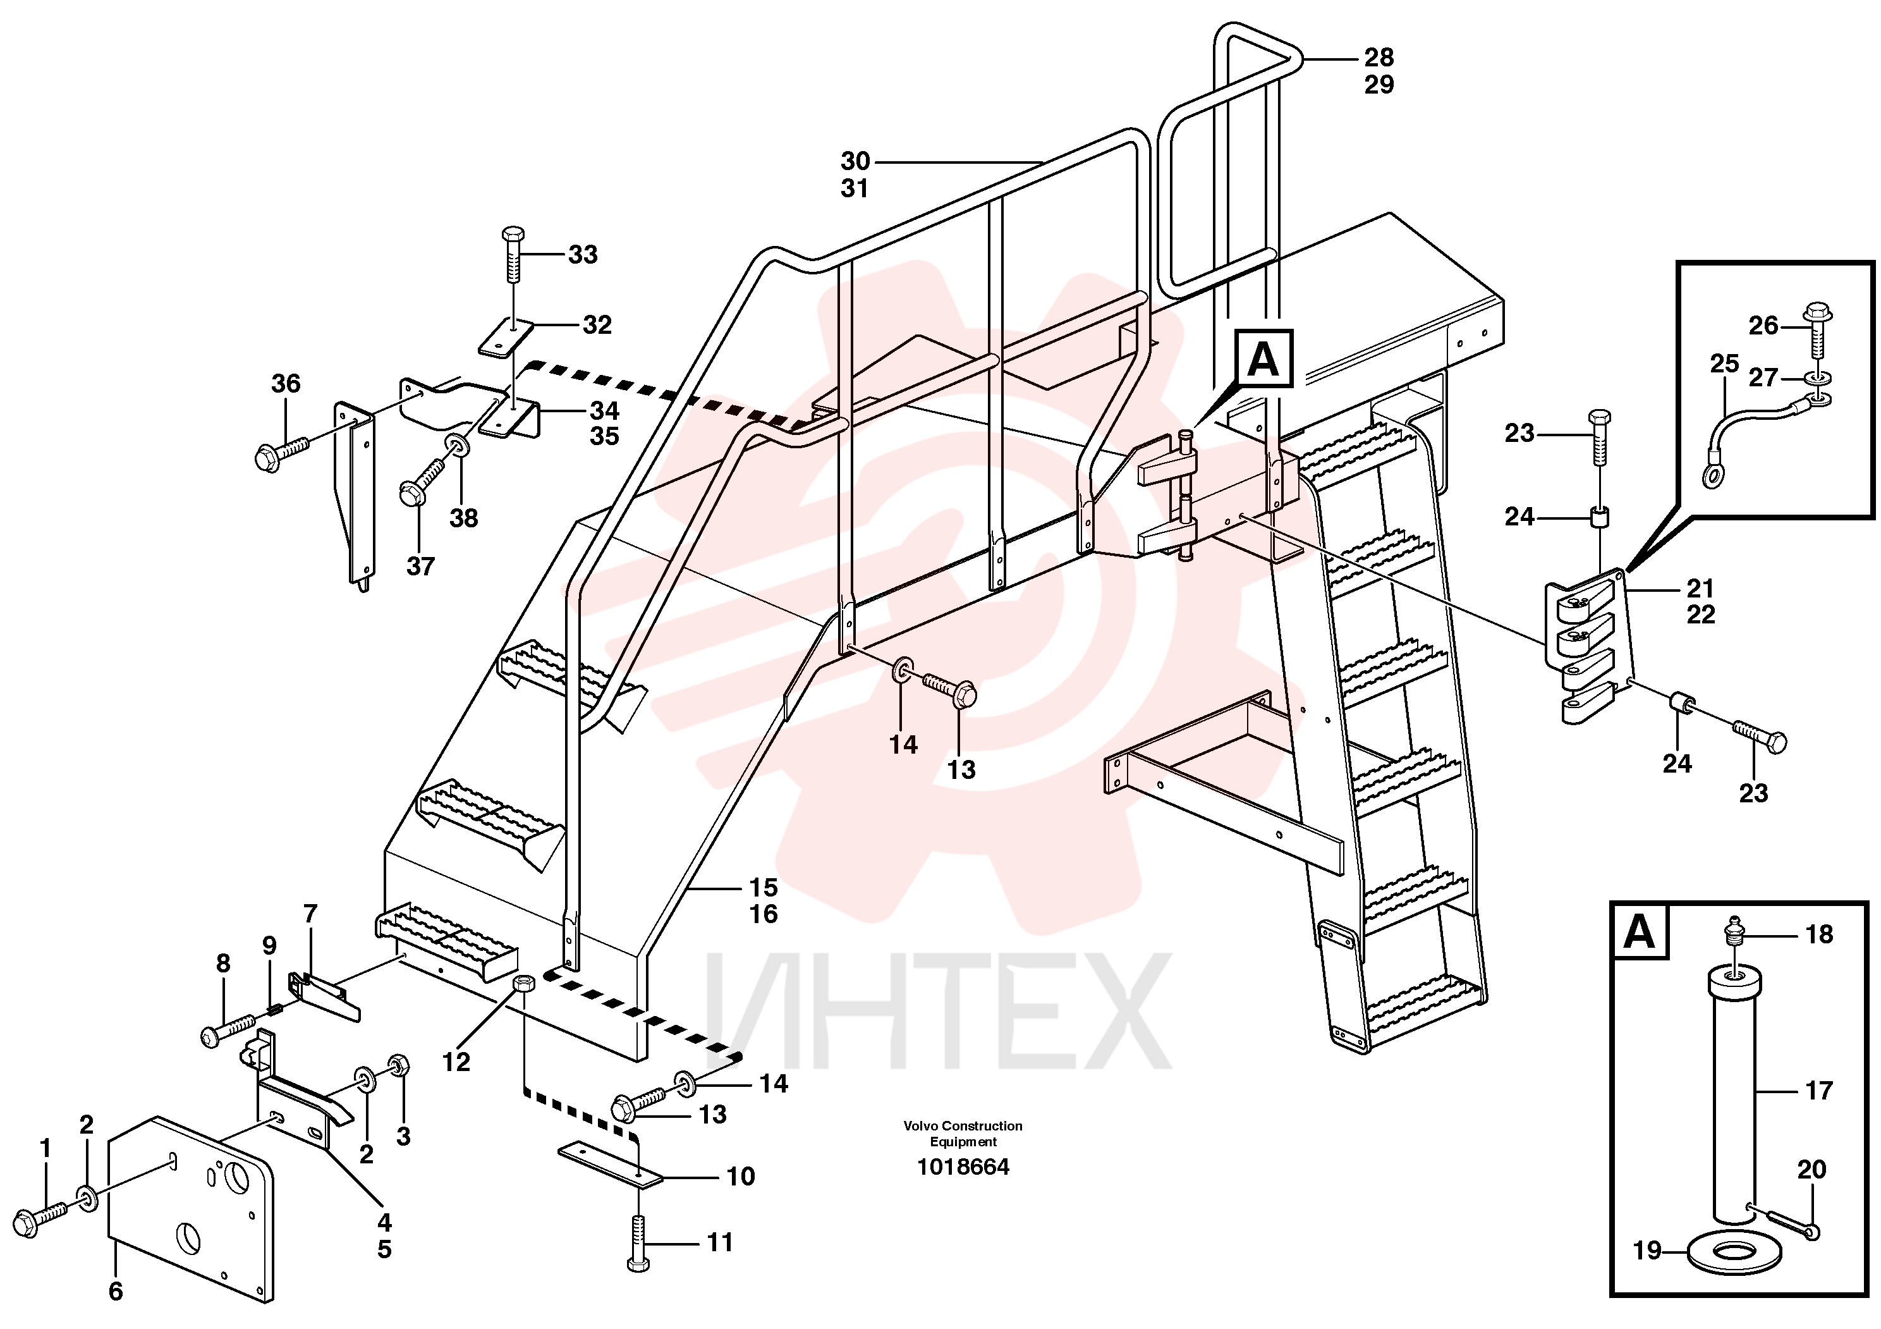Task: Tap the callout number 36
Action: [x=286, y=383]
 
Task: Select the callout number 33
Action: [x=583, y=255]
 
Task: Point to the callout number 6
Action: [x=116, y=1291]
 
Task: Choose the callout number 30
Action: [x=855, y=161]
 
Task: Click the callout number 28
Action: [x=1379, y=58]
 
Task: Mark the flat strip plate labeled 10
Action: [x=609, y=1165]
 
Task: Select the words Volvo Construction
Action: [x=963, y=1127]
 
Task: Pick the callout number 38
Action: [x=464, y=518]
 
